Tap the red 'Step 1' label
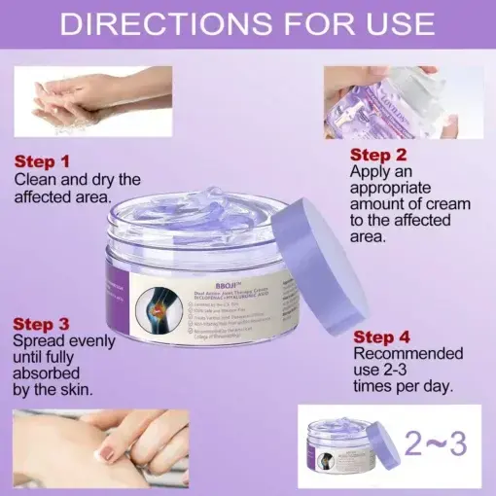point(42,161)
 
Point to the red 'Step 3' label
point(42,323)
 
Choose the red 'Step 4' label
point(383,337)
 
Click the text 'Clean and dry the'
point(77,179)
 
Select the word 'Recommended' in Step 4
point(402,355)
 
